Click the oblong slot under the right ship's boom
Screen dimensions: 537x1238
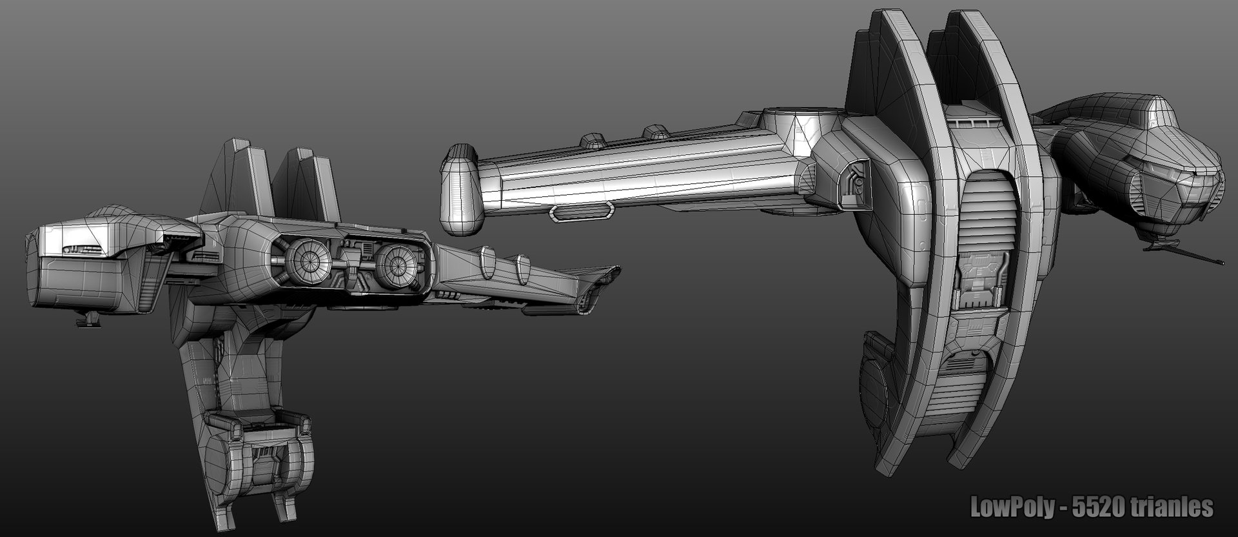[582, 210]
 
